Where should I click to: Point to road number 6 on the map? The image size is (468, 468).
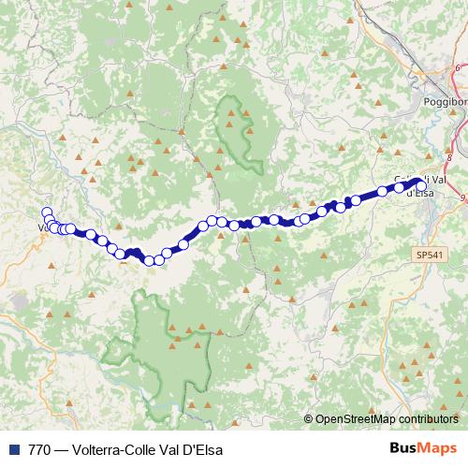click(458, 68)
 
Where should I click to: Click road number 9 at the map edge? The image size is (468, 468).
click(462, 197)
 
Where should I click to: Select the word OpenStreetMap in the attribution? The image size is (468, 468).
click(358, 418)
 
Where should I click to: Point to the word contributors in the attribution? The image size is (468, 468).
click(431, 418)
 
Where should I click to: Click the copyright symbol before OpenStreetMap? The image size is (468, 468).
click(308, 418)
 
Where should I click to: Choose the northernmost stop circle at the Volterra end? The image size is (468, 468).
click(46, 212)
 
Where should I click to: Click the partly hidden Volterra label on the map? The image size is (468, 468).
click(41, 227)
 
